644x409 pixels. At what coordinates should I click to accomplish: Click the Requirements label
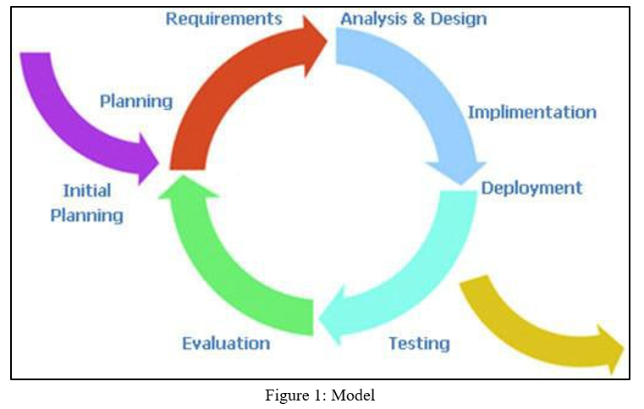point(224,19)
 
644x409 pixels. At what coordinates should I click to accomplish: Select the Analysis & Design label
point(414,19)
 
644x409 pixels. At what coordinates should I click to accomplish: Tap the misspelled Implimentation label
point(532,113)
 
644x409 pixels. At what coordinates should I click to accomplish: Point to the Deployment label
point(531,188)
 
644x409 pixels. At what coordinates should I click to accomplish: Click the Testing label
point(420,344)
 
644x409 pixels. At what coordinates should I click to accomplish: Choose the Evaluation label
point(226,343)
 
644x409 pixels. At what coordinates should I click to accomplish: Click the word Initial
point(87,191)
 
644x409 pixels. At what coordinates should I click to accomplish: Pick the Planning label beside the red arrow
point(136,102)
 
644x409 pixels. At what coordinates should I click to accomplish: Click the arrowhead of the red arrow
point(314,45)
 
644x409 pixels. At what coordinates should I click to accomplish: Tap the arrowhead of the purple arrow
point(147,159)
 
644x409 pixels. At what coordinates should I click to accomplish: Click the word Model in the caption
point(353,395)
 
